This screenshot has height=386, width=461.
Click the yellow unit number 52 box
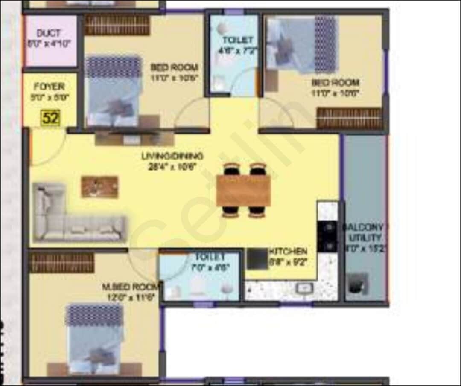50,118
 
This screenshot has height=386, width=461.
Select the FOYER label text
49,87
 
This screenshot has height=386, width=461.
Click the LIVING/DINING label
172,156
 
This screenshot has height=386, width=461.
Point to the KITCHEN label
288,251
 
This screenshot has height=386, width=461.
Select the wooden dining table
243,191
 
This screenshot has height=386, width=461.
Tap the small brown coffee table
100,187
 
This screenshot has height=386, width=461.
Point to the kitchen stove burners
327,236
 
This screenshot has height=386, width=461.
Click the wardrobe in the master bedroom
62,263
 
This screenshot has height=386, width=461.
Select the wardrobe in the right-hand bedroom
349,118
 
